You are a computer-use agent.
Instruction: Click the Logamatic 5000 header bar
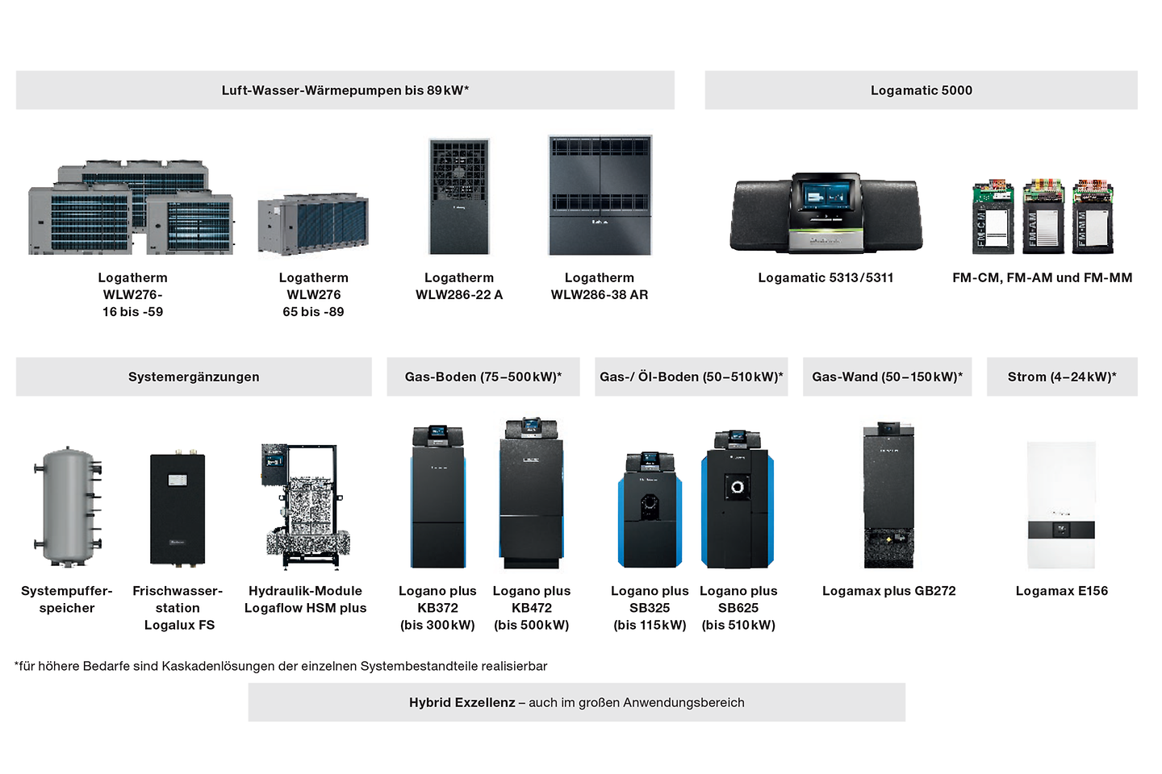coord(921,90)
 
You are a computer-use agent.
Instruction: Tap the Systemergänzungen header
coord(194,377)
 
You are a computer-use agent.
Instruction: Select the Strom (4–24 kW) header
coord(1062,377)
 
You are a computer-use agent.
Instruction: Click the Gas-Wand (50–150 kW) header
coord(887,377)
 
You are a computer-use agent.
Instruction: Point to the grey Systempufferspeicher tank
coord(68,506)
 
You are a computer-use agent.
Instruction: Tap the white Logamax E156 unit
coord(1061,505)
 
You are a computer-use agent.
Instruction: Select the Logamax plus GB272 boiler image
coord(888,495)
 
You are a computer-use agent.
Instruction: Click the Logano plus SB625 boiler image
coord(738,500)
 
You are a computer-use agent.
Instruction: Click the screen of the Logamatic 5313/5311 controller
coord(826,198)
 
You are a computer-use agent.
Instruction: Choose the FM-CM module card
coord(993,218)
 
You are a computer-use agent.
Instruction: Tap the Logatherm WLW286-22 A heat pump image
coord(459,197)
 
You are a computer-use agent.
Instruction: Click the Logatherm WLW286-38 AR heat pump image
coord(600,195)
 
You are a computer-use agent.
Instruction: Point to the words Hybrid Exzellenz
coord(462,702)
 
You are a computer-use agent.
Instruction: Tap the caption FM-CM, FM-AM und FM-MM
coord(1042,277)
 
